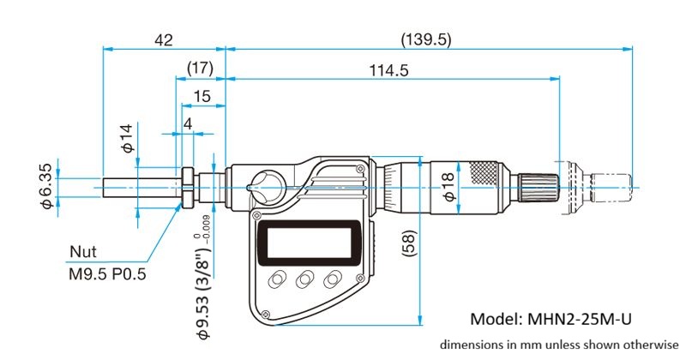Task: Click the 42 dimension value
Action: pyautogui.click(x=163, y=39)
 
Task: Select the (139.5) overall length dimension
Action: pyautogui.click(x=425, y=39)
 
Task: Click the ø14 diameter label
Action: pyautogui.click(x=127, y=139)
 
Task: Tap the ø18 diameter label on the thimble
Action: pyautogui.click(x=449, y=186)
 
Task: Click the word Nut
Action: pyautogui.click(x=83, y=252)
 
